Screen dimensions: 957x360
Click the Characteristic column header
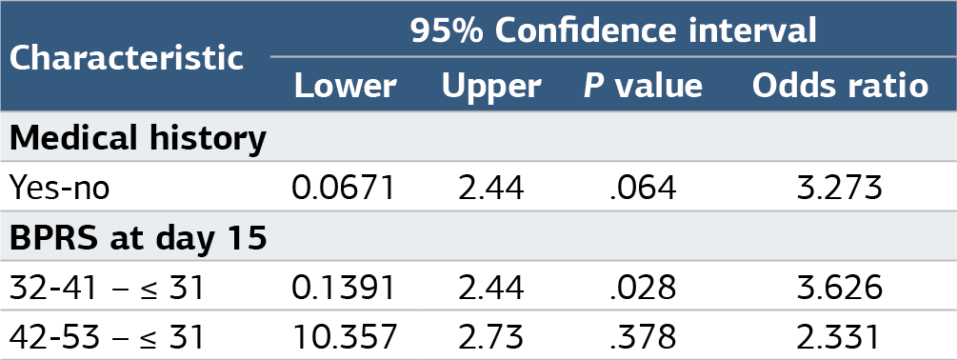click(x=127, y=58)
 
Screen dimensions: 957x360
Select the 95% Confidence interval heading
click(x=613, y=30)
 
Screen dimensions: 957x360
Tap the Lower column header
click(x=346, y=86)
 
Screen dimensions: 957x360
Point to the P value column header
click(x=644, y=86)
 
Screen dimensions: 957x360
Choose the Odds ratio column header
click(x=841, y=86)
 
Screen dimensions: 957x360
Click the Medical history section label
click(x=138, y=139)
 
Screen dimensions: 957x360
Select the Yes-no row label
click(x=59, y=188)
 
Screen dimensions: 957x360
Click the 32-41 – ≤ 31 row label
click(x=107, y=288)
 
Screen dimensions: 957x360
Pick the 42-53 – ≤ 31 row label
click(x=107, y=337)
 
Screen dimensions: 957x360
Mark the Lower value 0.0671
click(x=344, y=188)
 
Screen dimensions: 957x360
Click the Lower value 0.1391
click(x=344, y=288)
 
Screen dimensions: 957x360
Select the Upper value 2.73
click(x=491, y=337)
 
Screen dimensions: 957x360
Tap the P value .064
click(x=643, y=188)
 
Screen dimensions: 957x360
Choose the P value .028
click(x=643, y=288)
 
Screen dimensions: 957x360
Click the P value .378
click(x=643, y=337)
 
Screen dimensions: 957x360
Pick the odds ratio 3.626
click(x=840, y=288)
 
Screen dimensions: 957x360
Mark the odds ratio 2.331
click(x=840, y=337)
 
